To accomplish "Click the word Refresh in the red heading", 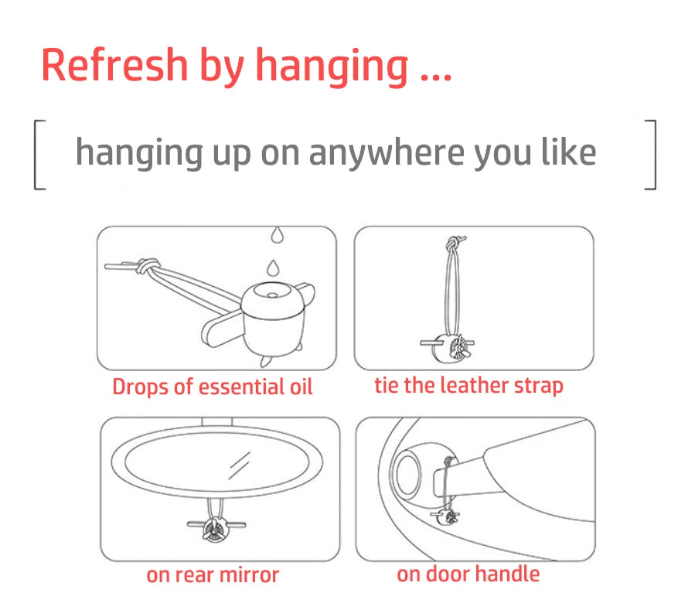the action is point(114,65).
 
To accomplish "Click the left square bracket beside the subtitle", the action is point(39,155).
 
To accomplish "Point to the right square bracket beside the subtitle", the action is point(651,155).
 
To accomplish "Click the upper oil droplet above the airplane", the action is point(278,235).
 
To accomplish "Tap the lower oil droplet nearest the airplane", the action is point(272,268).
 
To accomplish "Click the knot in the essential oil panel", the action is point(148,265).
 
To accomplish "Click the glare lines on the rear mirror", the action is point(239,465).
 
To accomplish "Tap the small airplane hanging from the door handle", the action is point(445,516).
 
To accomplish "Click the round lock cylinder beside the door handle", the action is point(406,473).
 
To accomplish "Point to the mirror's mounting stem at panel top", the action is point(216,422).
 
